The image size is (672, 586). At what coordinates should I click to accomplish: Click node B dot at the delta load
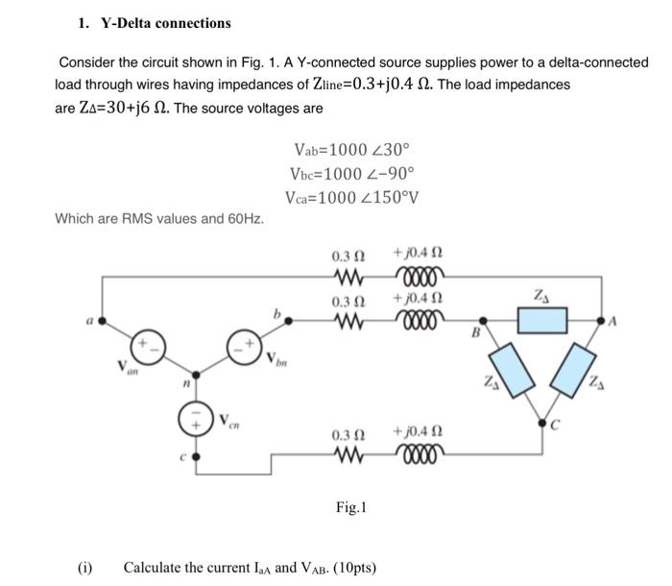(x=483, y=320)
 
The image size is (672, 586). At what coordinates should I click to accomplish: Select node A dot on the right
(x=603, y=320)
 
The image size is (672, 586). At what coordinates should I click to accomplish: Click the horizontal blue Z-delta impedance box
(x=542, y=320)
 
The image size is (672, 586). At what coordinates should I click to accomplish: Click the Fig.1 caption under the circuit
(x=352, y=505)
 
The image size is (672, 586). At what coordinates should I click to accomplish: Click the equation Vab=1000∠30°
(x=351, y=150)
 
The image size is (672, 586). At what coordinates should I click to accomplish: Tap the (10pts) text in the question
(x=349, y=567)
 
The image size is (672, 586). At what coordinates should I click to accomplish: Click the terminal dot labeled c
(x=197, y=459)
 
